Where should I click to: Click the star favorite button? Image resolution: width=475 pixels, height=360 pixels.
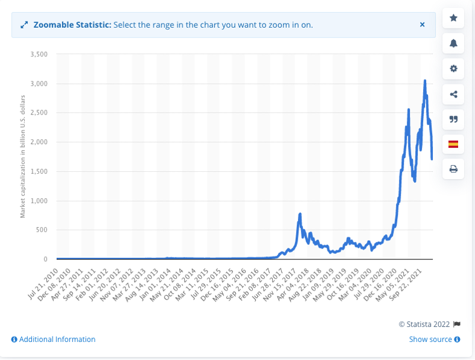(453, 18)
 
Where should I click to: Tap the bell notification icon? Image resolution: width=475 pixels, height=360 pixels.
(453, 43)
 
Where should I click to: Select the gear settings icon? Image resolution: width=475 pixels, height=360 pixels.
(453, 69)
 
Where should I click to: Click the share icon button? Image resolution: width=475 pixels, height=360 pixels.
(453, 94)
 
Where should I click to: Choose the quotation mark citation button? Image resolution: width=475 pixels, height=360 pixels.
(453, 119)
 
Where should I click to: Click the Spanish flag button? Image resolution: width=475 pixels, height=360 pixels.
(453, 144)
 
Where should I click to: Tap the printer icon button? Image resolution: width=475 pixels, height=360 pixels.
(453, 169)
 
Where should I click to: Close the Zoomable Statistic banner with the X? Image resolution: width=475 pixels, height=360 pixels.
(422, 25)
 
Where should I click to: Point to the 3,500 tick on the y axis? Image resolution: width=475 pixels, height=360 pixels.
(38, 54)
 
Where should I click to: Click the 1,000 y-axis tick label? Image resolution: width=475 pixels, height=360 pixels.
(38, 201)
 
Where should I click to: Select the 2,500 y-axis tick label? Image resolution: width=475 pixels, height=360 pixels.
(38, 113)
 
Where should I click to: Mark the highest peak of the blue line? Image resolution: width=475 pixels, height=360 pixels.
(425, 81)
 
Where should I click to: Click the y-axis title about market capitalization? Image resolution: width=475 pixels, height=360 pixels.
(23, 156)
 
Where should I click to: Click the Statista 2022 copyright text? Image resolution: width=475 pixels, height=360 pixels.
(426, 324)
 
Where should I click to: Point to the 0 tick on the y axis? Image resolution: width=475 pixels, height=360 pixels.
(45, 259)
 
